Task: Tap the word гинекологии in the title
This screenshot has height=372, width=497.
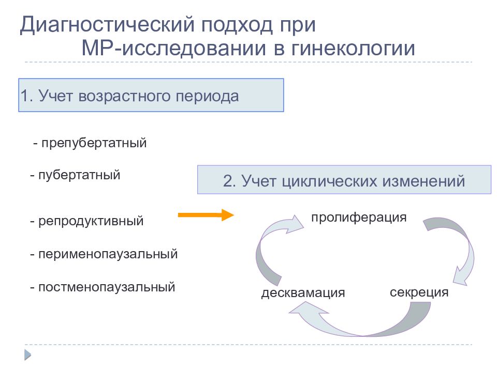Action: (353, 49)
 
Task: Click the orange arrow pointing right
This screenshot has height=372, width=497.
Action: (206, 215)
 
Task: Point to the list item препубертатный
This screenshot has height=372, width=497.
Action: (90, 143)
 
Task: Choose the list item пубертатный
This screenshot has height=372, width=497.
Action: (76, 175)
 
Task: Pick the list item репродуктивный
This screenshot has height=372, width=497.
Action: (87, 221)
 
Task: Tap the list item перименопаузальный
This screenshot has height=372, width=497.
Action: (104, 254)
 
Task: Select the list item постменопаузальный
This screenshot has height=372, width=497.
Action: (103, 287)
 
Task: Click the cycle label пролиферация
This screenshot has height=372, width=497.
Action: (359, 218)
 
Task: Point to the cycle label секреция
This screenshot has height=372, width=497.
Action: (419, 292)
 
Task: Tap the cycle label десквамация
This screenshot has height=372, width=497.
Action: (303, 292)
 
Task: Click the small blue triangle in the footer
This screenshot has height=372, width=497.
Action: (28, 355)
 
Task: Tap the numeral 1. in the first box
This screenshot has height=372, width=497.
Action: (27, 96)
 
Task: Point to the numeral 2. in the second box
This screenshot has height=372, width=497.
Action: (229, 181)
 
